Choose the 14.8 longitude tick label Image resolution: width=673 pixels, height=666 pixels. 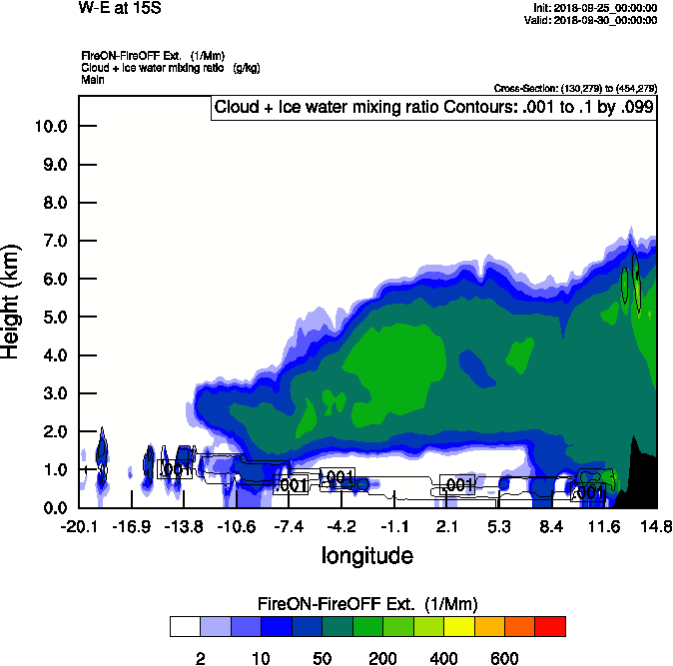656,526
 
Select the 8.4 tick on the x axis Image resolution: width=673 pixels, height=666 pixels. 551,526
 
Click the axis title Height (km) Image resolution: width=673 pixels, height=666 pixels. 12,300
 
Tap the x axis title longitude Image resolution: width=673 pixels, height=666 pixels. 366,554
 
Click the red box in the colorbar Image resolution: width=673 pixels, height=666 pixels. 550,627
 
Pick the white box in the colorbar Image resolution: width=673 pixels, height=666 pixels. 185,627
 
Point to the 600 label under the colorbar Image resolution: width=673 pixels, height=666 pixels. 505,657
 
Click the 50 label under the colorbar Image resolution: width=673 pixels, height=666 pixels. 322,657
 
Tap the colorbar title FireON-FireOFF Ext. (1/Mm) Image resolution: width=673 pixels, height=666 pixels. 367,604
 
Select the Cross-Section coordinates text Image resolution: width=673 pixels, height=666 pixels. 575,88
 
